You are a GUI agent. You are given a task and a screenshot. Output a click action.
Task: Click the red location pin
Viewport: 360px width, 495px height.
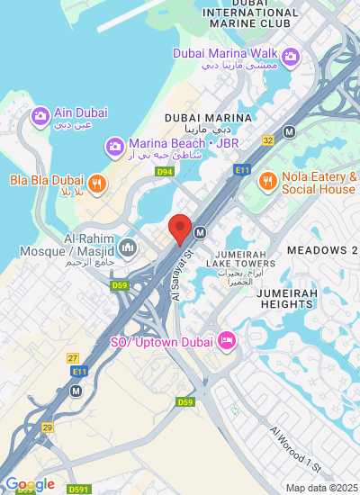180,229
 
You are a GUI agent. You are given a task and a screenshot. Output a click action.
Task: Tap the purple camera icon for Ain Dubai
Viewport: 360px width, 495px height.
40,116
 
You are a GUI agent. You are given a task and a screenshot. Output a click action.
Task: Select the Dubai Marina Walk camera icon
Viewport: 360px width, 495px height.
290,58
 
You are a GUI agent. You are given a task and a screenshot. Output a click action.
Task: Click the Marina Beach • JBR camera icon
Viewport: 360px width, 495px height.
114,145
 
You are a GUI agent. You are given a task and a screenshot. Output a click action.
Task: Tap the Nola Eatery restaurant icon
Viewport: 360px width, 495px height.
267,182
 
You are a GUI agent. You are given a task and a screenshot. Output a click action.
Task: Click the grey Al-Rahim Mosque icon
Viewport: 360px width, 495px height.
127,245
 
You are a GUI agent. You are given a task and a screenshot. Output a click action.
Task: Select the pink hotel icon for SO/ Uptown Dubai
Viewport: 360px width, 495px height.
226,341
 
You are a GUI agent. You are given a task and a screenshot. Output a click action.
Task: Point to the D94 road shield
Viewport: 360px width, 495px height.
164,171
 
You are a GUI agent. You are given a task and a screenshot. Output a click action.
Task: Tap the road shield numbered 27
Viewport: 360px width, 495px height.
73,358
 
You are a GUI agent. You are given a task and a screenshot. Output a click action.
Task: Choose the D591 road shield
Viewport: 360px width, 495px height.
78,490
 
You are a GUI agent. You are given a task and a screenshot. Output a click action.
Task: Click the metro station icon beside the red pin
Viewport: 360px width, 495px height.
200,232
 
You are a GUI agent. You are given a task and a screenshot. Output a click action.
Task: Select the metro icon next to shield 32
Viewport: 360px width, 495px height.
289,131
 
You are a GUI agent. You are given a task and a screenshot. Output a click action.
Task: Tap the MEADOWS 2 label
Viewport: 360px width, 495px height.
322,249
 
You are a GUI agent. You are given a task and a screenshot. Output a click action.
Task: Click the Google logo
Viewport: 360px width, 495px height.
30,485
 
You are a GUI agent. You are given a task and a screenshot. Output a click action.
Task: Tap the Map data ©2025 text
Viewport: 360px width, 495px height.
320,488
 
